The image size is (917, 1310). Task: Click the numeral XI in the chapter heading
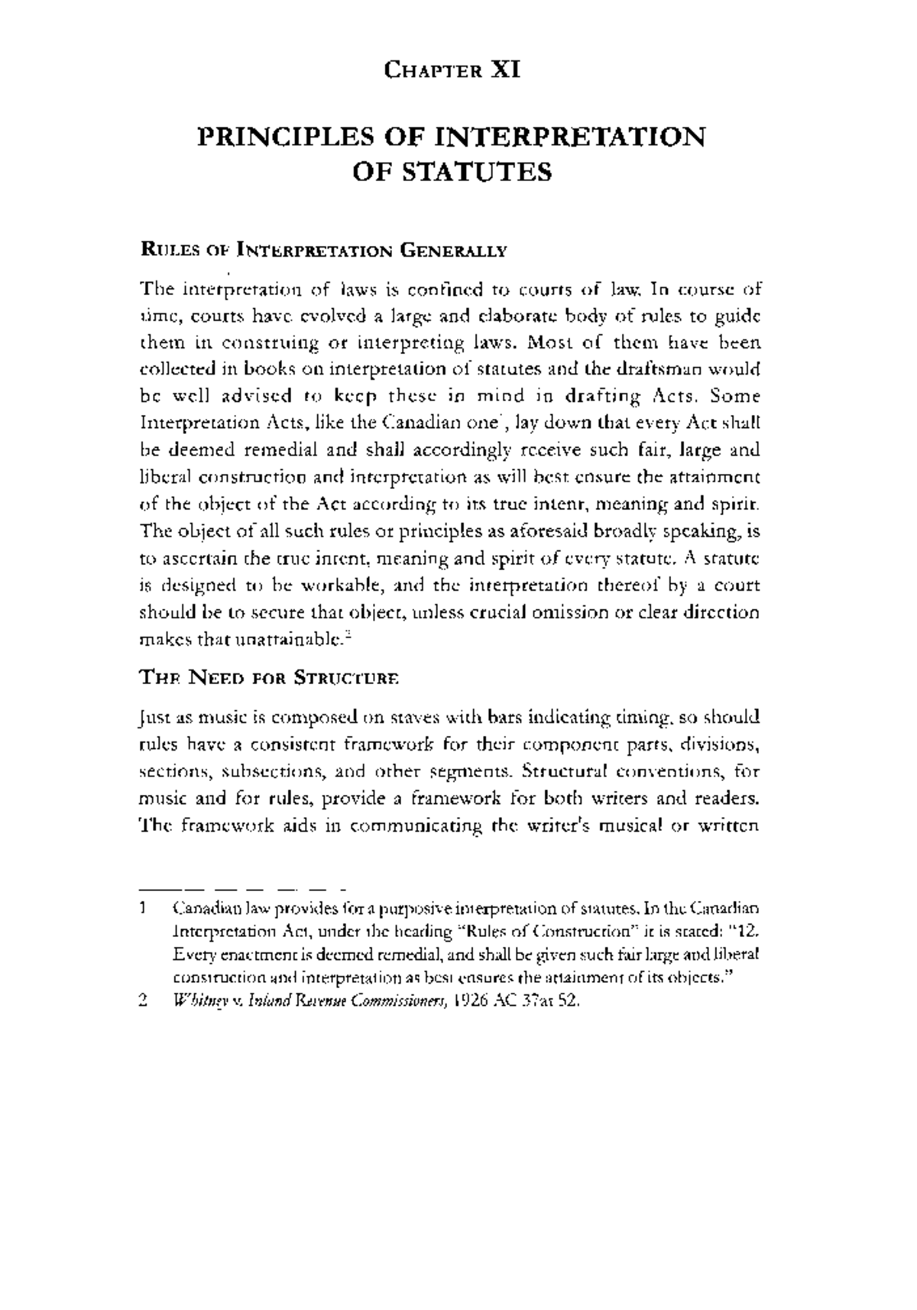(505, 71)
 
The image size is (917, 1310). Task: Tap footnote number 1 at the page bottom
(143, 910)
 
